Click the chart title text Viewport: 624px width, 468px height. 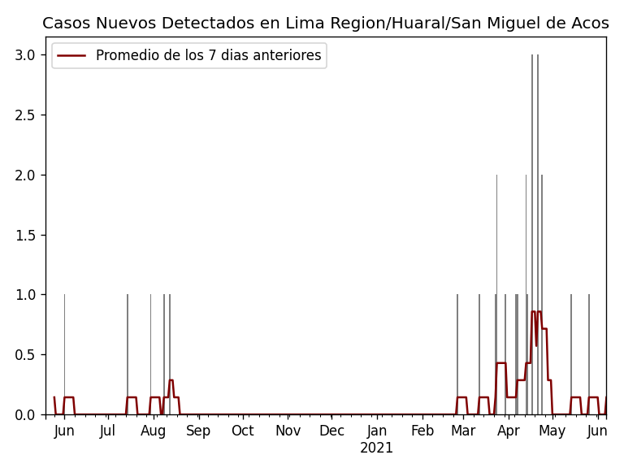pyautogui.click(x=325, y=24)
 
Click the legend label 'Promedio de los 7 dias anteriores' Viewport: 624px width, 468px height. pyautogui.click(x=208, y=56)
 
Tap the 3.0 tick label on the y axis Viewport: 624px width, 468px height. pyautogui.click(x=25, y=55)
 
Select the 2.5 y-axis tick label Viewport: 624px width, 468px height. pyautogui.click(x=25, y=115)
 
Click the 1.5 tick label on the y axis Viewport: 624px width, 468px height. pyautogui.click(x=25, y=235)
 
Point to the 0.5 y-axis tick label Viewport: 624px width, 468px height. pyautogui.click(x=25, y=355)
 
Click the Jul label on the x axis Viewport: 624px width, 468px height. pyautogui.click(x=107, y=431)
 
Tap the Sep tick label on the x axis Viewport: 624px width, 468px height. pyautogui.click(x=198, y=431)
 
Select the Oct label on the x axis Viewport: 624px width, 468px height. pyautogui.click(x=243, y=431)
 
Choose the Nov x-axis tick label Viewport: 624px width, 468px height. pyautogui.click(x=288, y=431)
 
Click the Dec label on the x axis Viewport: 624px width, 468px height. pyautogui.click(x=331, y=431)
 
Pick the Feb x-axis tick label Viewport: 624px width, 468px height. pyautogui.click(x=422, y=431)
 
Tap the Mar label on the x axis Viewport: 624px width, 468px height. pyautogui.click(x=463, y=431)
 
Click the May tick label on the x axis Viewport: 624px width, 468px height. pyautogui.click(x=552, y=431)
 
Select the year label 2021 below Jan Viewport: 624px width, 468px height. pyautogui.click(x=376, y=448)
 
